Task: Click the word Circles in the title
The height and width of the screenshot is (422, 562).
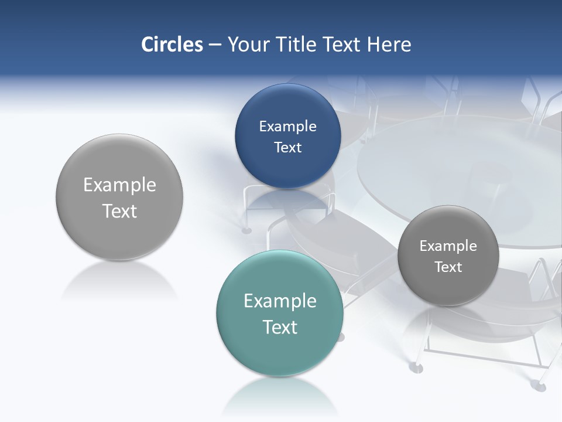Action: [172, 45]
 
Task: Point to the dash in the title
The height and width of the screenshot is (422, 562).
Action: [215, 45]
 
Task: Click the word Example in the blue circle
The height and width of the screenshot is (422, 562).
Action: [287, 127]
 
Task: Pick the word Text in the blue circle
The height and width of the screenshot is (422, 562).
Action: [287, 148]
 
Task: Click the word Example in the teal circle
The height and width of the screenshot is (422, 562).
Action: [280, 301]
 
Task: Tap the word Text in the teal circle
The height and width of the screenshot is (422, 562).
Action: [280, 327]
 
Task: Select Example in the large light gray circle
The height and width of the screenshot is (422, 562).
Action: [119, 185]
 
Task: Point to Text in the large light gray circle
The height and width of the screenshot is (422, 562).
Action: [119, 211]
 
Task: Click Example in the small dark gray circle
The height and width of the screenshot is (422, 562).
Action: [448, 246]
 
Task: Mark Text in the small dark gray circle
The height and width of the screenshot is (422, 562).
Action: [448, 267]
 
